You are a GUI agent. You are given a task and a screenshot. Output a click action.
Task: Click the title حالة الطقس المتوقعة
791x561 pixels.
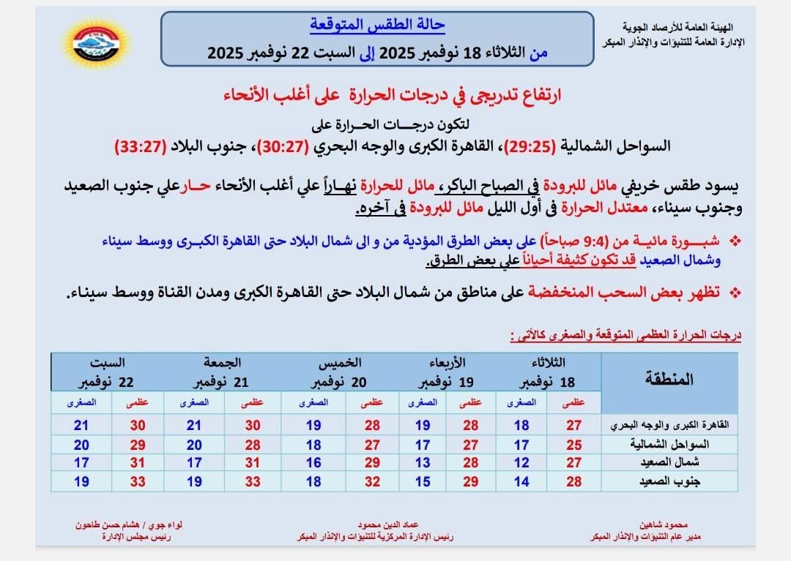378,24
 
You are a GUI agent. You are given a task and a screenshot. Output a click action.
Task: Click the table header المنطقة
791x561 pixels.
668,378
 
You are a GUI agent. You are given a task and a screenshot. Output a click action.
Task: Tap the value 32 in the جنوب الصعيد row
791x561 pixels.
372,482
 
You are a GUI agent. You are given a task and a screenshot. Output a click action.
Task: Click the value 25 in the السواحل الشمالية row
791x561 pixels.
573,444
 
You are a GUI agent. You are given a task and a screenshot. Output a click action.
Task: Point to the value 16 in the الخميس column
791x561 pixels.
313,463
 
